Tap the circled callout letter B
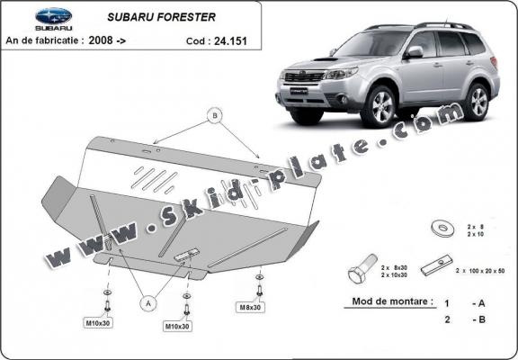coord(215,115)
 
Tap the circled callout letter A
coord(145,303)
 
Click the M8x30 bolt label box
coord(251,308)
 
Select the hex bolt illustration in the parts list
coord(359,273)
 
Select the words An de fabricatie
coord(46,40)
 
